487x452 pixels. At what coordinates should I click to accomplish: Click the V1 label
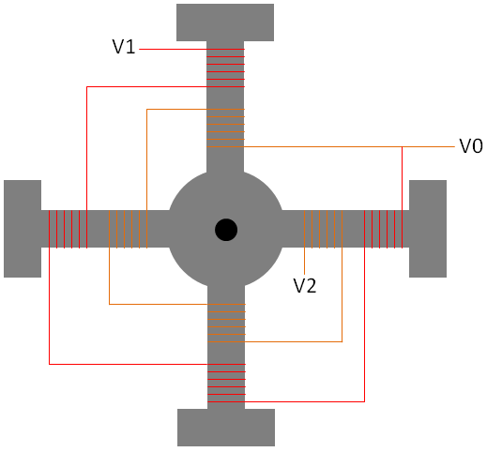pos(124,47)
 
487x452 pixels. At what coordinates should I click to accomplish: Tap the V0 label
pos(471,146)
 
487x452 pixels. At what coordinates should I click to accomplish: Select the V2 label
pos(305,285)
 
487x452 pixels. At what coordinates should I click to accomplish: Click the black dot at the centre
pos(226,230)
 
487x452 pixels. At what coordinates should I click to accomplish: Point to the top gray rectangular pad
pos(225,23)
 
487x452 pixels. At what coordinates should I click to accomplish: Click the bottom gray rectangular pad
pos(226,428)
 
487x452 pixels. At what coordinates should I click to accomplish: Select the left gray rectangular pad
pos(23,229)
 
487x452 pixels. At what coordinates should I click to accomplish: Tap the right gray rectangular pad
pos(428,229)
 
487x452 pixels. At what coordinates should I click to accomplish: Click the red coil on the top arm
pos(225,68)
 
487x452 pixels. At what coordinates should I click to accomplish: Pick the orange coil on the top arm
pos(225,128)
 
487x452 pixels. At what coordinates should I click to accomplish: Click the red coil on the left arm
pos(68,229)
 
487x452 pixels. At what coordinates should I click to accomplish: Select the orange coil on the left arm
pos(128,229)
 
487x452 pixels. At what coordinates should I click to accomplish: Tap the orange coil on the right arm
pos(323,229)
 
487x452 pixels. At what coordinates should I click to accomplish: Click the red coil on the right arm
pos(383,229)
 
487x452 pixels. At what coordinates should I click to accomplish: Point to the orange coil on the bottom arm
pos(227,323)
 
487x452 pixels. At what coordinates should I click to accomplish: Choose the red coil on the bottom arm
pos(227,383)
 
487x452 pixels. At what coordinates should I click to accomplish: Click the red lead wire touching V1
pos(173,49)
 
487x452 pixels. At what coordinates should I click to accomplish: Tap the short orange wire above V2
pos(304,261)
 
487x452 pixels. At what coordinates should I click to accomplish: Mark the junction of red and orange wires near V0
pos(402,146)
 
